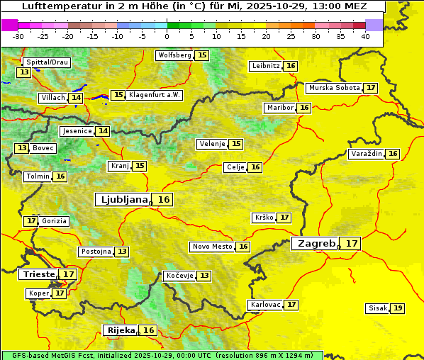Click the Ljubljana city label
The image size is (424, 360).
coord(123,200)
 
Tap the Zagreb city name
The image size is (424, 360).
coord(316,243)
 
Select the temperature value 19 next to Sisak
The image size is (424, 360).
coord(398,308)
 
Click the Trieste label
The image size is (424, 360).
coord(39,274)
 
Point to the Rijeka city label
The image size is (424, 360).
coord(121,330)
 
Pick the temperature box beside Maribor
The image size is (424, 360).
coord(304,108)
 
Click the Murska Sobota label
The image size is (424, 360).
coord(333,88)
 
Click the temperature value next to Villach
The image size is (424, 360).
coord(76,98)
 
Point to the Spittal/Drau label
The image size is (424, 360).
coord(46,62)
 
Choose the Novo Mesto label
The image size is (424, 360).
coord(212,247)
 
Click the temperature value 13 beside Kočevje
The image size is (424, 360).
coord(204,276)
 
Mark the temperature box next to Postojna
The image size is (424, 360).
coord(122,252)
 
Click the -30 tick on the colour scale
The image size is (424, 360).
coord(18,36)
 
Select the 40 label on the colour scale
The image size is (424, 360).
coord(365,36)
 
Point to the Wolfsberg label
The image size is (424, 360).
coord(174,55)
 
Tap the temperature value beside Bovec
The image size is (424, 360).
coord(23,148)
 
